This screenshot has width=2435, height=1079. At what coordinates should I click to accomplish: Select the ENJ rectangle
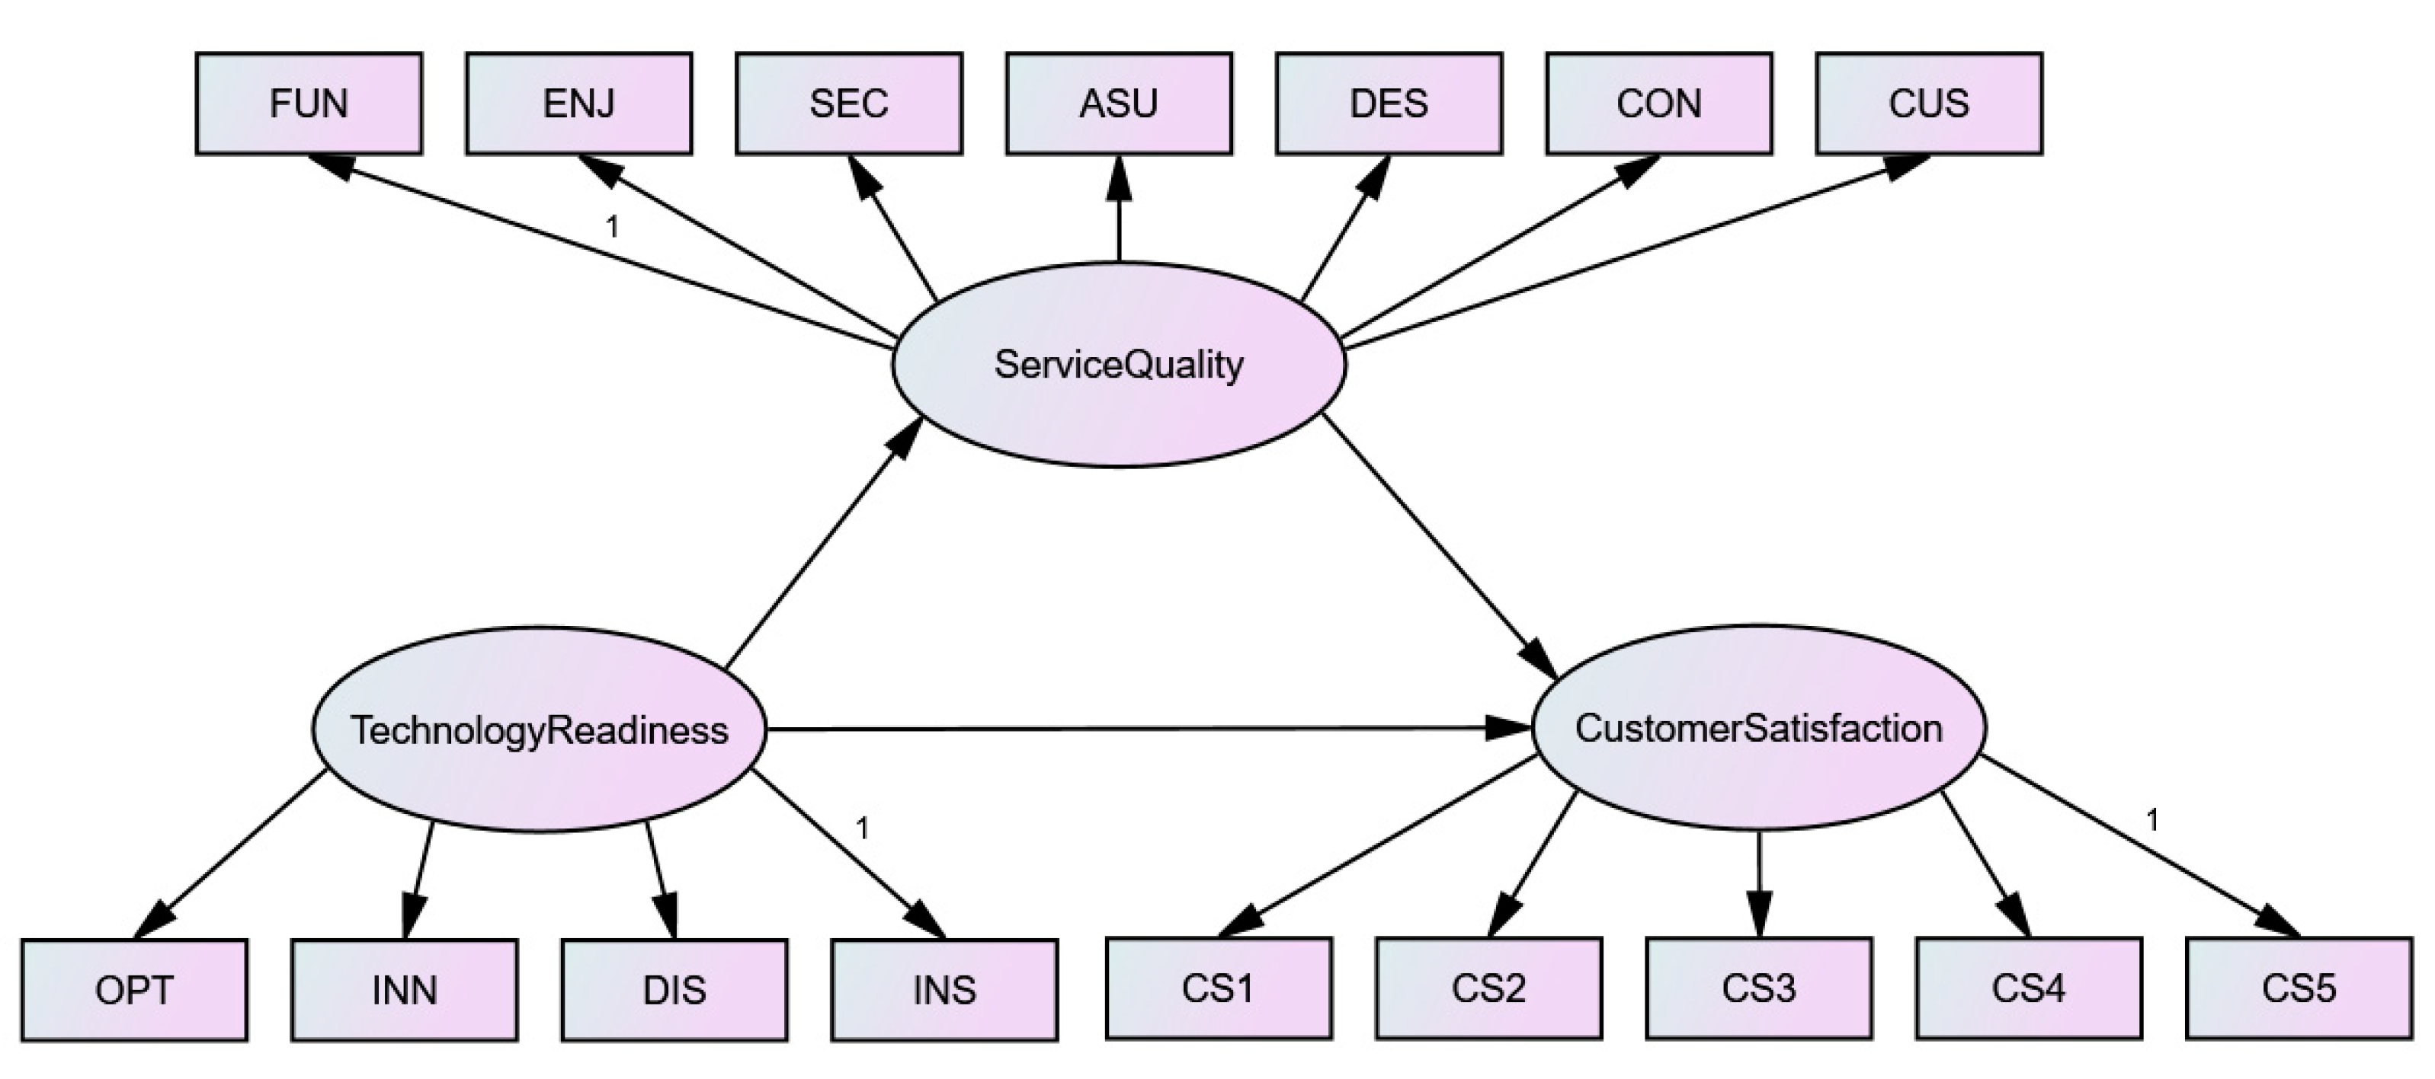point(578,103)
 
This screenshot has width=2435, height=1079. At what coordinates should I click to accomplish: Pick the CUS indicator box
point(1928,103)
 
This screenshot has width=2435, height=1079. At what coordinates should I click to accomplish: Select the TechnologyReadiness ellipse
point(539,729)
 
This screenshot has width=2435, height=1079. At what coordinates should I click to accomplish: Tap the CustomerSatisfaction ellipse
point(1758,727)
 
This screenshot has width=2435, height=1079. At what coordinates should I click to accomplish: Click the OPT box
point(134,989)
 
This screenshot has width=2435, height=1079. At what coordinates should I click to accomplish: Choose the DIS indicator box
point(674,989)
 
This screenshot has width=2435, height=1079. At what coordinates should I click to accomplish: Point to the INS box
point(944,989)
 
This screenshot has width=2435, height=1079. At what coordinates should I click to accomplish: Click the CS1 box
point(1219,988)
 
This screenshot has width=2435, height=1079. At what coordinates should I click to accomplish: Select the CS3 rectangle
point(1758,988)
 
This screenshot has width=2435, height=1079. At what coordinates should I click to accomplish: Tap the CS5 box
point(2298,988)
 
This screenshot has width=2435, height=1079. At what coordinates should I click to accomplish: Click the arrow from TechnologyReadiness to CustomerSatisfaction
point(1134,729)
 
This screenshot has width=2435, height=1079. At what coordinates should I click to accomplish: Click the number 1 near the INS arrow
point(861,828)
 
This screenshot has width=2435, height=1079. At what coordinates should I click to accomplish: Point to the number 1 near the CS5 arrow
point(2152,819)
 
